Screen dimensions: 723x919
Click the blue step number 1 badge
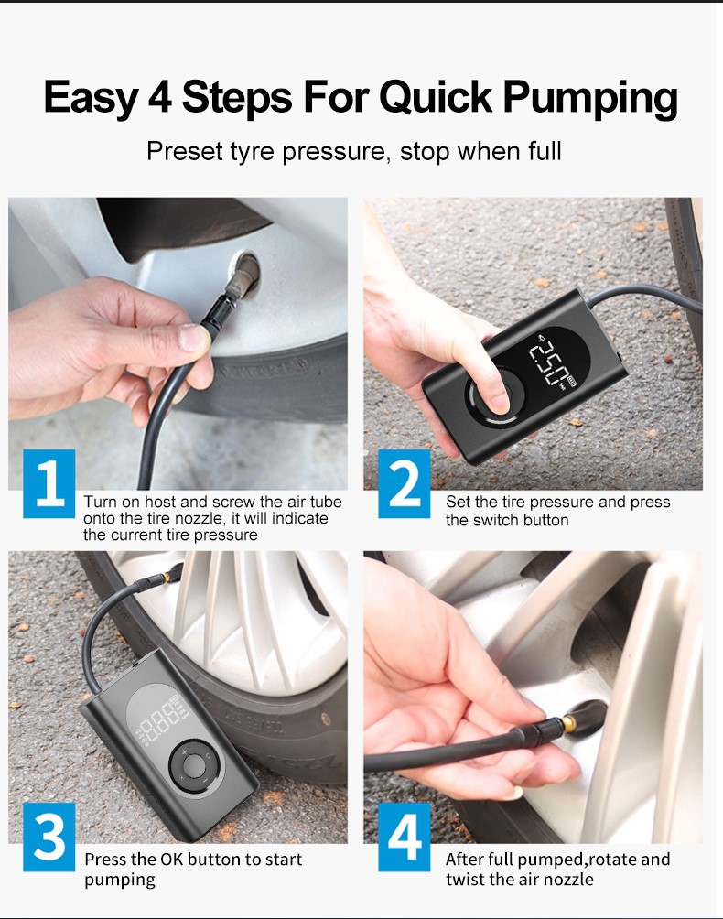coord(49,483)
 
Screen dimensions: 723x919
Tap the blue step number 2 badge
coord(405,483)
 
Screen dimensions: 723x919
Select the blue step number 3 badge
coord(49,837)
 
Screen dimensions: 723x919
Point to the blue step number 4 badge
coord(405,837)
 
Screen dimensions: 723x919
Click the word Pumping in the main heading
coord(590,98)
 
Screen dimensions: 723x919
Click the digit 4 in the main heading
coord(159,96)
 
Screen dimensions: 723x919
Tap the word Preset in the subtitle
coord(185,152)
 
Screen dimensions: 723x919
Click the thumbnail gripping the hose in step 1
coord(193,338)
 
